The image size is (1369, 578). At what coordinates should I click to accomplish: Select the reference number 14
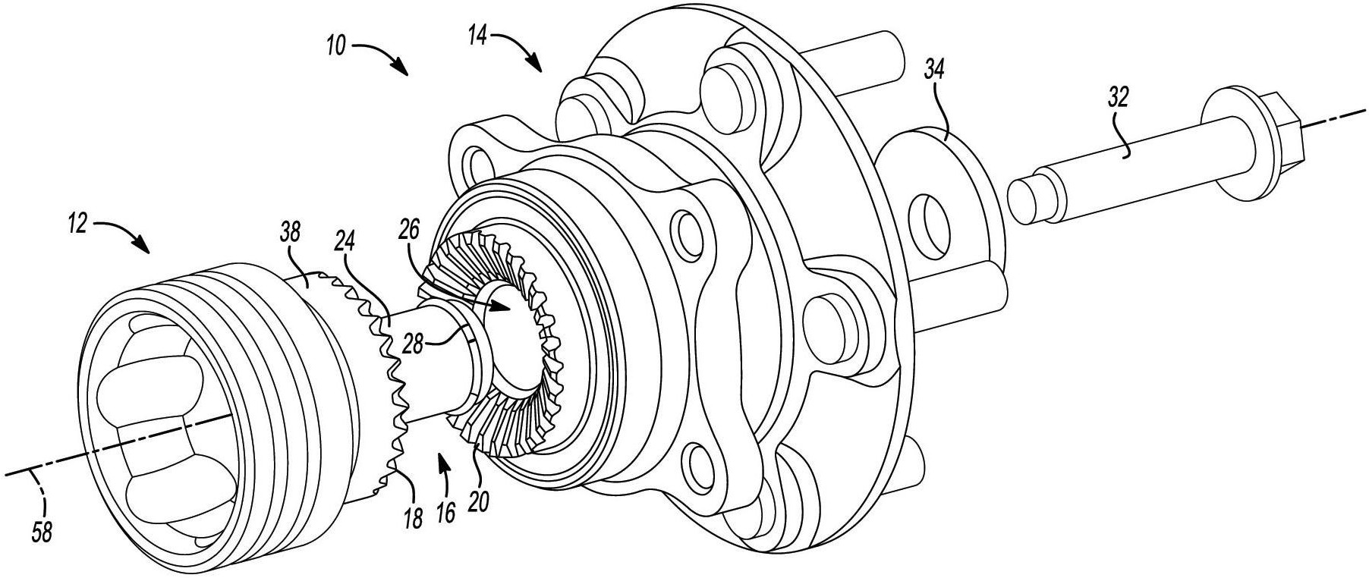pyautogui.click(x=477, y=36)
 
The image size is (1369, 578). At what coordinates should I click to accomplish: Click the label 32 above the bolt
pyautogui.click(x=1118, y=97)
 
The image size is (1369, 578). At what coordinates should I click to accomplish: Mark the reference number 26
pyautogui.click(x=410, y=229)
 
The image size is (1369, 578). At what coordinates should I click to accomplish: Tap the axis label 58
pyautogui.click(x=42, y=533)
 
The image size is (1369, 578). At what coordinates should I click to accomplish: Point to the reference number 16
pyautogui.click(x=446, y=513)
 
